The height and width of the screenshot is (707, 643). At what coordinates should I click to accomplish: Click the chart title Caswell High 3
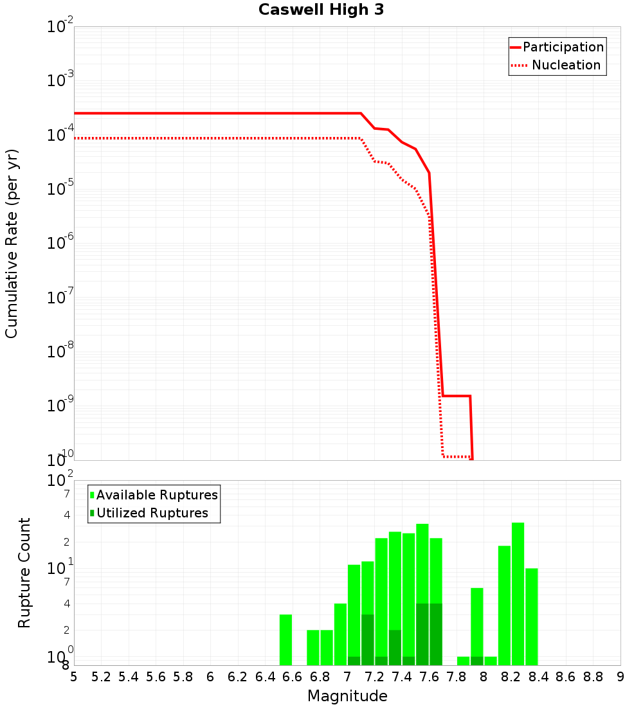321,10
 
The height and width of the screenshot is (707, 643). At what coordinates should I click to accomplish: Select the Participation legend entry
563,47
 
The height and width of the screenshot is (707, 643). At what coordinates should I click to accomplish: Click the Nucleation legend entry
566,65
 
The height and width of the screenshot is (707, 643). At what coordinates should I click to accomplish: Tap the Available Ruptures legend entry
157,495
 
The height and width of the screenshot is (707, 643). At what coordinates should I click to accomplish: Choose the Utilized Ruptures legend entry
152,513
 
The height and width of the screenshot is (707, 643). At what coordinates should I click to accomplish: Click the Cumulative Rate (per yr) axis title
12,244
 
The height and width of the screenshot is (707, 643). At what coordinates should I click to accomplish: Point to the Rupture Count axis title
24,573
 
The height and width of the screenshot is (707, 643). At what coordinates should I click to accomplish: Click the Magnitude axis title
347,696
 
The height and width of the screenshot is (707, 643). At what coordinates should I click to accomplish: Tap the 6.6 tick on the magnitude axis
293,677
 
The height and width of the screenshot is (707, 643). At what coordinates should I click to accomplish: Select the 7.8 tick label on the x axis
457,677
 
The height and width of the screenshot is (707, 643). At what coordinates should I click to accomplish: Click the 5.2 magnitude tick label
101,677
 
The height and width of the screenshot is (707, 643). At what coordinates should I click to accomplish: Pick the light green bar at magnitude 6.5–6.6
286,640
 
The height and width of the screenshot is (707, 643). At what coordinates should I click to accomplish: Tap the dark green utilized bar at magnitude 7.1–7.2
368,640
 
